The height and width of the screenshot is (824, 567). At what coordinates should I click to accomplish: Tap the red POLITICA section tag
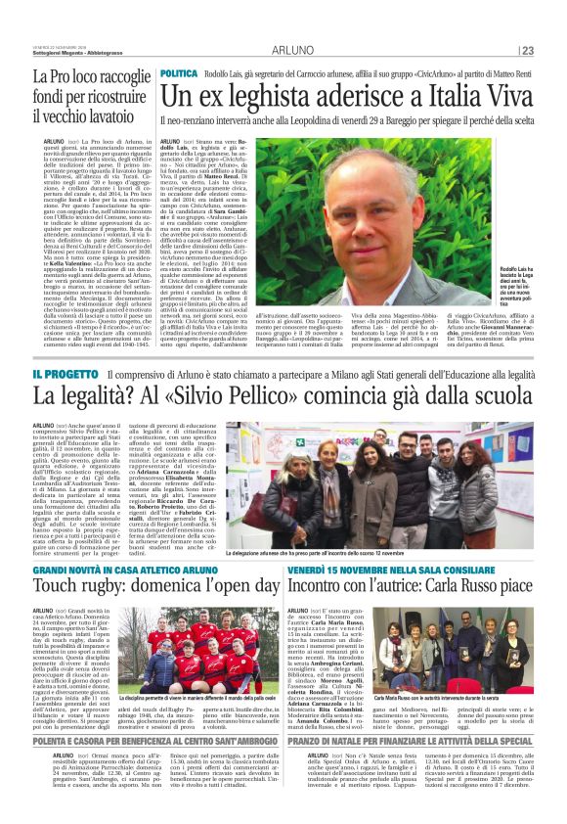click(179, 74)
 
